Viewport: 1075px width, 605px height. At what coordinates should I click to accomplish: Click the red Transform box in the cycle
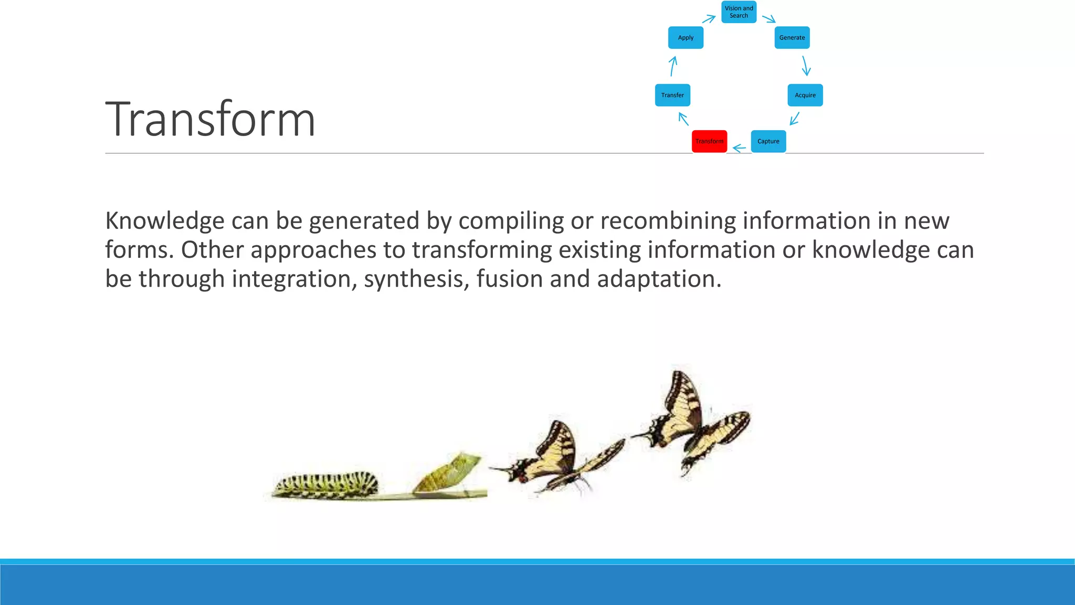point(709,141)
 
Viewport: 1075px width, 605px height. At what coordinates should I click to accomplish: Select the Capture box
point(768,141)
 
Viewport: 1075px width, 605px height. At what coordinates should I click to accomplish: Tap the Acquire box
point(805,95)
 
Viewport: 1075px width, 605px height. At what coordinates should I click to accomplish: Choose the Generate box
point(792,38)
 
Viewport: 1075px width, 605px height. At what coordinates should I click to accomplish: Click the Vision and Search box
point(739,12)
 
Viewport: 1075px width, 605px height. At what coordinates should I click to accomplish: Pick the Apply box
point(686,38)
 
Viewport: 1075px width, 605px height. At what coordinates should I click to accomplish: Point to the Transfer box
point(672,95)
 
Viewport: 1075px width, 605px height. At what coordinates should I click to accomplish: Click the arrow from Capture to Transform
point(739,149)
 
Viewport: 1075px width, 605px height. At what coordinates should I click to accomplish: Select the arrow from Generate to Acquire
point(806,66)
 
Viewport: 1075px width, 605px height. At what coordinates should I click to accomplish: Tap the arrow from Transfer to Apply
point(673,66)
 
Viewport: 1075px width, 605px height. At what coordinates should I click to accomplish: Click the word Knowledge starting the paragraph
point(164,221)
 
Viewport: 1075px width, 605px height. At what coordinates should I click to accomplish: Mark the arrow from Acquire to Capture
point(795,119)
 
